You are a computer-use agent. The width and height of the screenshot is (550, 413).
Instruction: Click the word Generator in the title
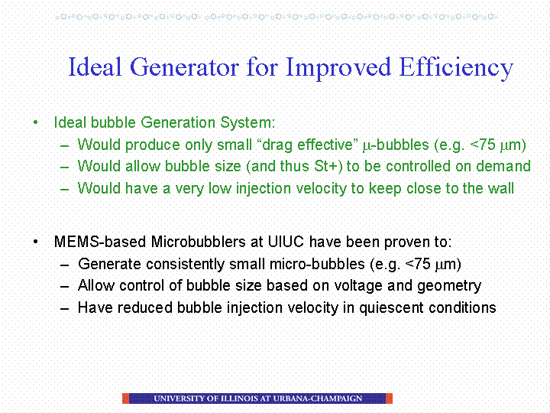point(185,67)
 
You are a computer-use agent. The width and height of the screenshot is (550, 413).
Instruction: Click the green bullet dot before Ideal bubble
point(35,122)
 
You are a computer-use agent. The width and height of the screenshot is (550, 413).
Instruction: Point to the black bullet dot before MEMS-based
point(35,242)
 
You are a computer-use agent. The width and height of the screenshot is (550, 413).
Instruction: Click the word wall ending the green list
point(501,188)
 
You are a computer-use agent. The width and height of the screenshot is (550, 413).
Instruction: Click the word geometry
point(449,286)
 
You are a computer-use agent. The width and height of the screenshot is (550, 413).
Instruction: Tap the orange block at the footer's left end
point(125,398)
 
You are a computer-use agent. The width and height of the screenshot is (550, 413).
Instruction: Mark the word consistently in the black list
point(185,264)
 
